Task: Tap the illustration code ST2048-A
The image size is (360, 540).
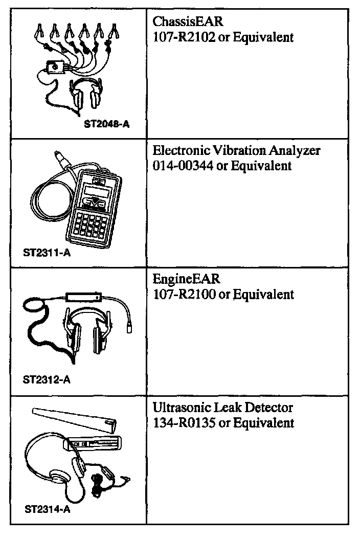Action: [107, 123]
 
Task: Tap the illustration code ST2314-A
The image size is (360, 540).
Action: [47, 509]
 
